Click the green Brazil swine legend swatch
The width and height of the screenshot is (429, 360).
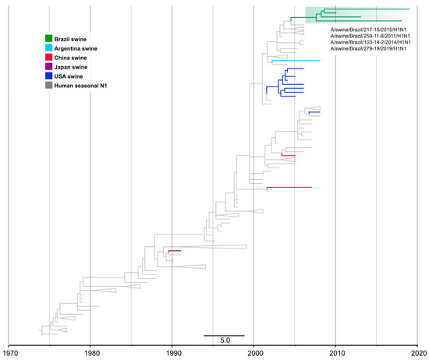[x=49, y=38]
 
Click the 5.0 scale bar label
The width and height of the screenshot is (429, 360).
[x=224, y=341]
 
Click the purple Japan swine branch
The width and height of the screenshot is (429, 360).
[x=175, y=251]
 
